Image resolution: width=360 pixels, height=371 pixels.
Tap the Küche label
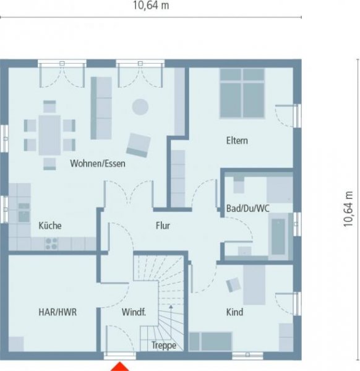(49, 226)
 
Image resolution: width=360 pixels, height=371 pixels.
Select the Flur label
(163, 226)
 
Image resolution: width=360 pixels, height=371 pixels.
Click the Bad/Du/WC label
(247, 208)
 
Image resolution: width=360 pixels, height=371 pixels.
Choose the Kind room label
(234, 312)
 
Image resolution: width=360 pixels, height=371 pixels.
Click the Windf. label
(134, 312)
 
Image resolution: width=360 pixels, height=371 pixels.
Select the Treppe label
(164, 346)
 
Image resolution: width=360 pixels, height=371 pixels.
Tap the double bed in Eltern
(242, 93)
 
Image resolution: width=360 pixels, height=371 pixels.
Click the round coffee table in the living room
(140, 106)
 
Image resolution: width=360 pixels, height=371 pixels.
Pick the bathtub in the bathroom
(279, 235)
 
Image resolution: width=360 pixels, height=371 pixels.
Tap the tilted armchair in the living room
(139, 145)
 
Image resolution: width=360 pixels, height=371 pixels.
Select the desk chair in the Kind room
(234, 284)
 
